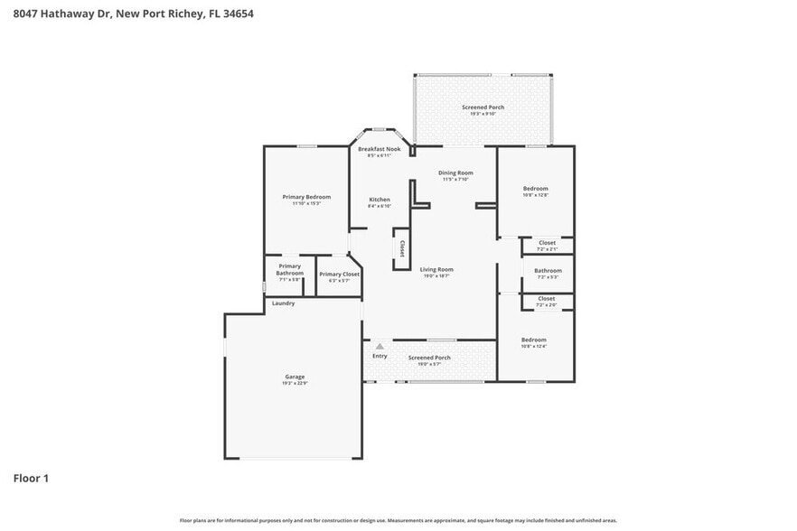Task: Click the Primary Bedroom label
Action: coord(305,197)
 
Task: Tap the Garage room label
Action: coord(295,377)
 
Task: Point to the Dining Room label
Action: coord(455,172)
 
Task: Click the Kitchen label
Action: coord(380,200)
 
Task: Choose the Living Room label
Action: coord(436,269)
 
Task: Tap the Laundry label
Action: coord(283,303)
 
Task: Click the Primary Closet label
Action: coord(339,274)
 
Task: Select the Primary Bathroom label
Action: coord(289,269)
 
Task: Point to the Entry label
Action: coord(380,356)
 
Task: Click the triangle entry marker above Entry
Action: coord(380,345)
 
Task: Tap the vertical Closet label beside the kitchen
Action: coord(402,248)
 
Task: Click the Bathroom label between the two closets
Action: coord(548,270)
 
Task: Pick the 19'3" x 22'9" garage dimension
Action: coord(295,384)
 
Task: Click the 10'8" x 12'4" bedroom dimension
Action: coord(534,347)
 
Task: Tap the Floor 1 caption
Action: coord(30,478)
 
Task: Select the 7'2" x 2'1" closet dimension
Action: coord(547,249)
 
